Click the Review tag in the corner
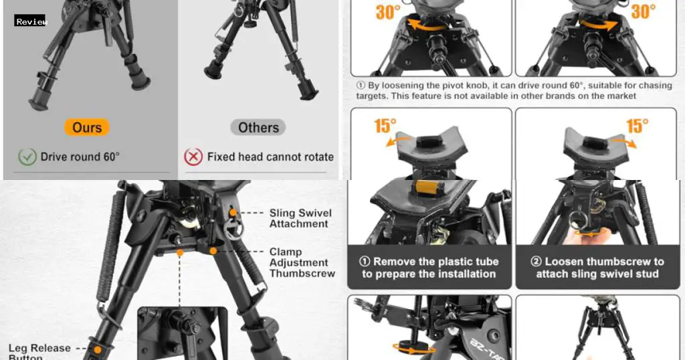click(31, 21)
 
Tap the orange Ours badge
click(87, 127)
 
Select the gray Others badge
click(258, 127)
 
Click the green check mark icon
click(27, 157)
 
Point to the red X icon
click(193, 157)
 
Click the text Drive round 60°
click(80, 157)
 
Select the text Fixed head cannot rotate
click(270, 157)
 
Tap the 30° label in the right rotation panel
click(644, 11)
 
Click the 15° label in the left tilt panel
click(385, 125)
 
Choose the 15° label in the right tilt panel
click(638, 125)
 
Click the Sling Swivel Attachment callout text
click(300, 218)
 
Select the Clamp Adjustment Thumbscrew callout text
click(300, 262)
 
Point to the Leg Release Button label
click(39, 352)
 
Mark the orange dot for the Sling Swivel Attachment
click(233, 213)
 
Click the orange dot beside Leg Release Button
click(98, 349)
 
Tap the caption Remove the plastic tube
click(429, 268)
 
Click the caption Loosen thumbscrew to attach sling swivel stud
click(597, 268)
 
